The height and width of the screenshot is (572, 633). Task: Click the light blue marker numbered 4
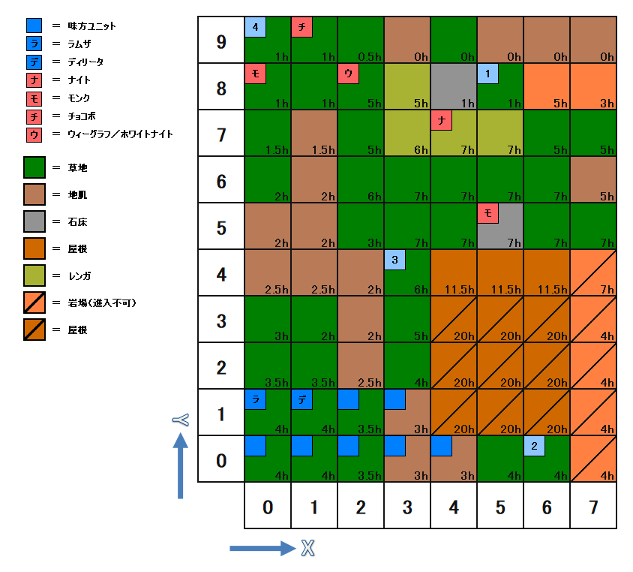click(256, 27)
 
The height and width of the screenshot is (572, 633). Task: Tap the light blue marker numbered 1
click(488, 74)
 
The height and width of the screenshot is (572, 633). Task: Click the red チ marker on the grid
click(302, 27)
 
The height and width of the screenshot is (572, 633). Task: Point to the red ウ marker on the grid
click(349, 74)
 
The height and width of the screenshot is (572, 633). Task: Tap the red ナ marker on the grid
click(442, 120)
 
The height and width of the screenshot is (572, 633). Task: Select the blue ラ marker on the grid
click(256, 399)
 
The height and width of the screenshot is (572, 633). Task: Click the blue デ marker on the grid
click(302, 399)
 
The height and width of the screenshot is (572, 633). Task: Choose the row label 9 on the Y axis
click(221, 41)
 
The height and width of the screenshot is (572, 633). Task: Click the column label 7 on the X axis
click(593, 507)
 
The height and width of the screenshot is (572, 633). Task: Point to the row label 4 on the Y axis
click(221, 274)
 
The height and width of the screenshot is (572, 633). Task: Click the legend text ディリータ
click(85, 62)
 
